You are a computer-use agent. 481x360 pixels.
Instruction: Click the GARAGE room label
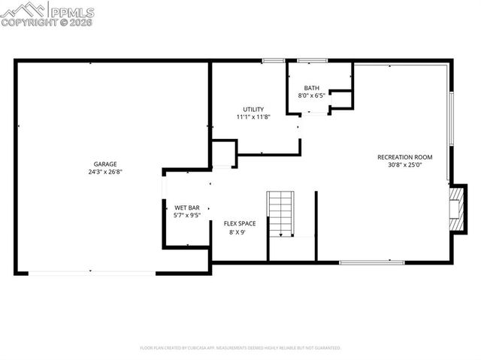tap(104, 164)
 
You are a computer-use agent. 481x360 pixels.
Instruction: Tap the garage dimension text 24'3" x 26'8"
tap(104, 172)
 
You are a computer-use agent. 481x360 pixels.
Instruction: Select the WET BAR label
tap(187, 207)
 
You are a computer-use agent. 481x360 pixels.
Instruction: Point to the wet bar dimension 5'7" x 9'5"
tap(187, 215)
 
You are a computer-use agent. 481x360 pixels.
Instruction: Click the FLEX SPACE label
tap(240, 224)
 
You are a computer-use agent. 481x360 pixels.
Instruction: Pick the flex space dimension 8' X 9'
tap(237, 232)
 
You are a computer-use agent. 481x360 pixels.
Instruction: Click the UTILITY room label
tap(253, 109)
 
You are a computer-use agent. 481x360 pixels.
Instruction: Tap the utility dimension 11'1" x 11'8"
tap(253, 116)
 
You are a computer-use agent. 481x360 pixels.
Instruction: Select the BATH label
tap(311, 88)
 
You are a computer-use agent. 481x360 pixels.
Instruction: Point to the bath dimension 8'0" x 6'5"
tap(311, 95)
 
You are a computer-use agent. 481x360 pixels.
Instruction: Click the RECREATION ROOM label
tap(399, 157)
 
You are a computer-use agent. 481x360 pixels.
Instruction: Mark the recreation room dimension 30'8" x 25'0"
tap(399, 165)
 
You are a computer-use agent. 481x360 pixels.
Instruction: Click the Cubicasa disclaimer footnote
tap(240, 348)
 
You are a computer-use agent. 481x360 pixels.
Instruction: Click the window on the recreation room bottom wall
tap(371, 262)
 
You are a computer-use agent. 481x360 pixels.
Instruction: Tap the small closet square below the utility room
tap(224, 154)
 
